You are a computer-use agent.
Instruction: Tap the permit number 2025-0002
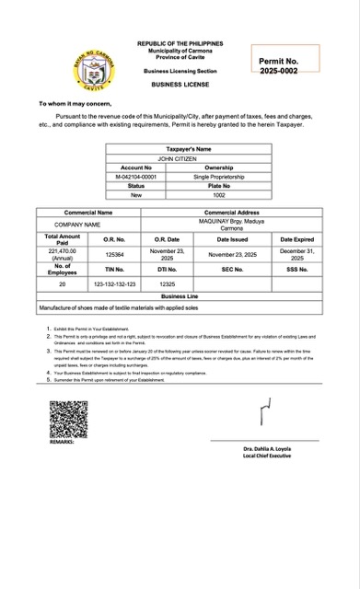click(x=278, y=70)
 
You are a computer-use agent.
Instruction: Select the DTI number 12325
click(x=167, y=284)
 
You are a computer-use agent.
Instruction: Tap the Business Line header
click(x=180, y=297)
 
